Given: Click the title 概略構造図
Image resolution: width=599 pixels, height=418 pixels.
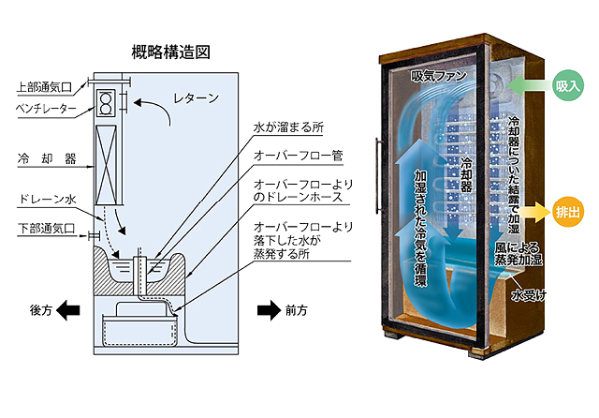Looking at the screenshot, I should [x=172, y=52].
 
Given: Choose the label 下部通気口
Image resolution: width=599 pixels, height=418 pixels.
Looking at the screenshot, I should [x=46, y=228].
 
